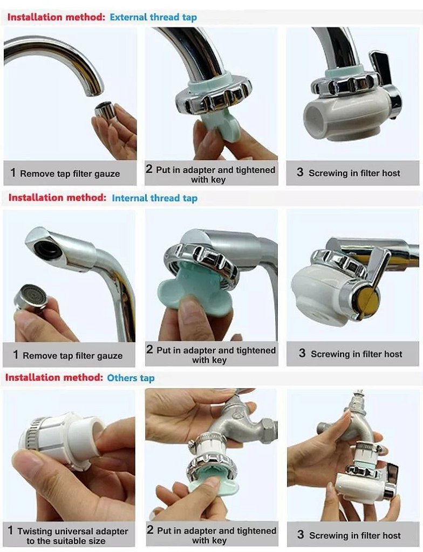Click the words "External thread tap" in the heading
pyautogui.click(x=153, y=17)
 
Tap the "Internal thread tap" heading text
pyautogui.click(x=155, y=198)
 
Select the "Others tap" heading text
pyautogui.click(x=131, y=378)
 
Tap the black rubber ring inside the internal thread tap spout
pyautogui.click(x=47, y=250)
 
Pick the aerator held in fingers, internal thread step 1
pyautogui.click(x=30, y=298)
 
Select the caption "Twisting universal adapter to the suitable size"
pyautogui.click(x=67, y=535)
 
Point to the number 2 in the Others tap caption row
pyautogui.click(x=150, y=530)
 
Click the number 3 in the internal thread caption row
pyautogui.click(x=302, y=353)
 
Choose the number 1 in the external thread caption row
pyautogui.click(x=13, y=172)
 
